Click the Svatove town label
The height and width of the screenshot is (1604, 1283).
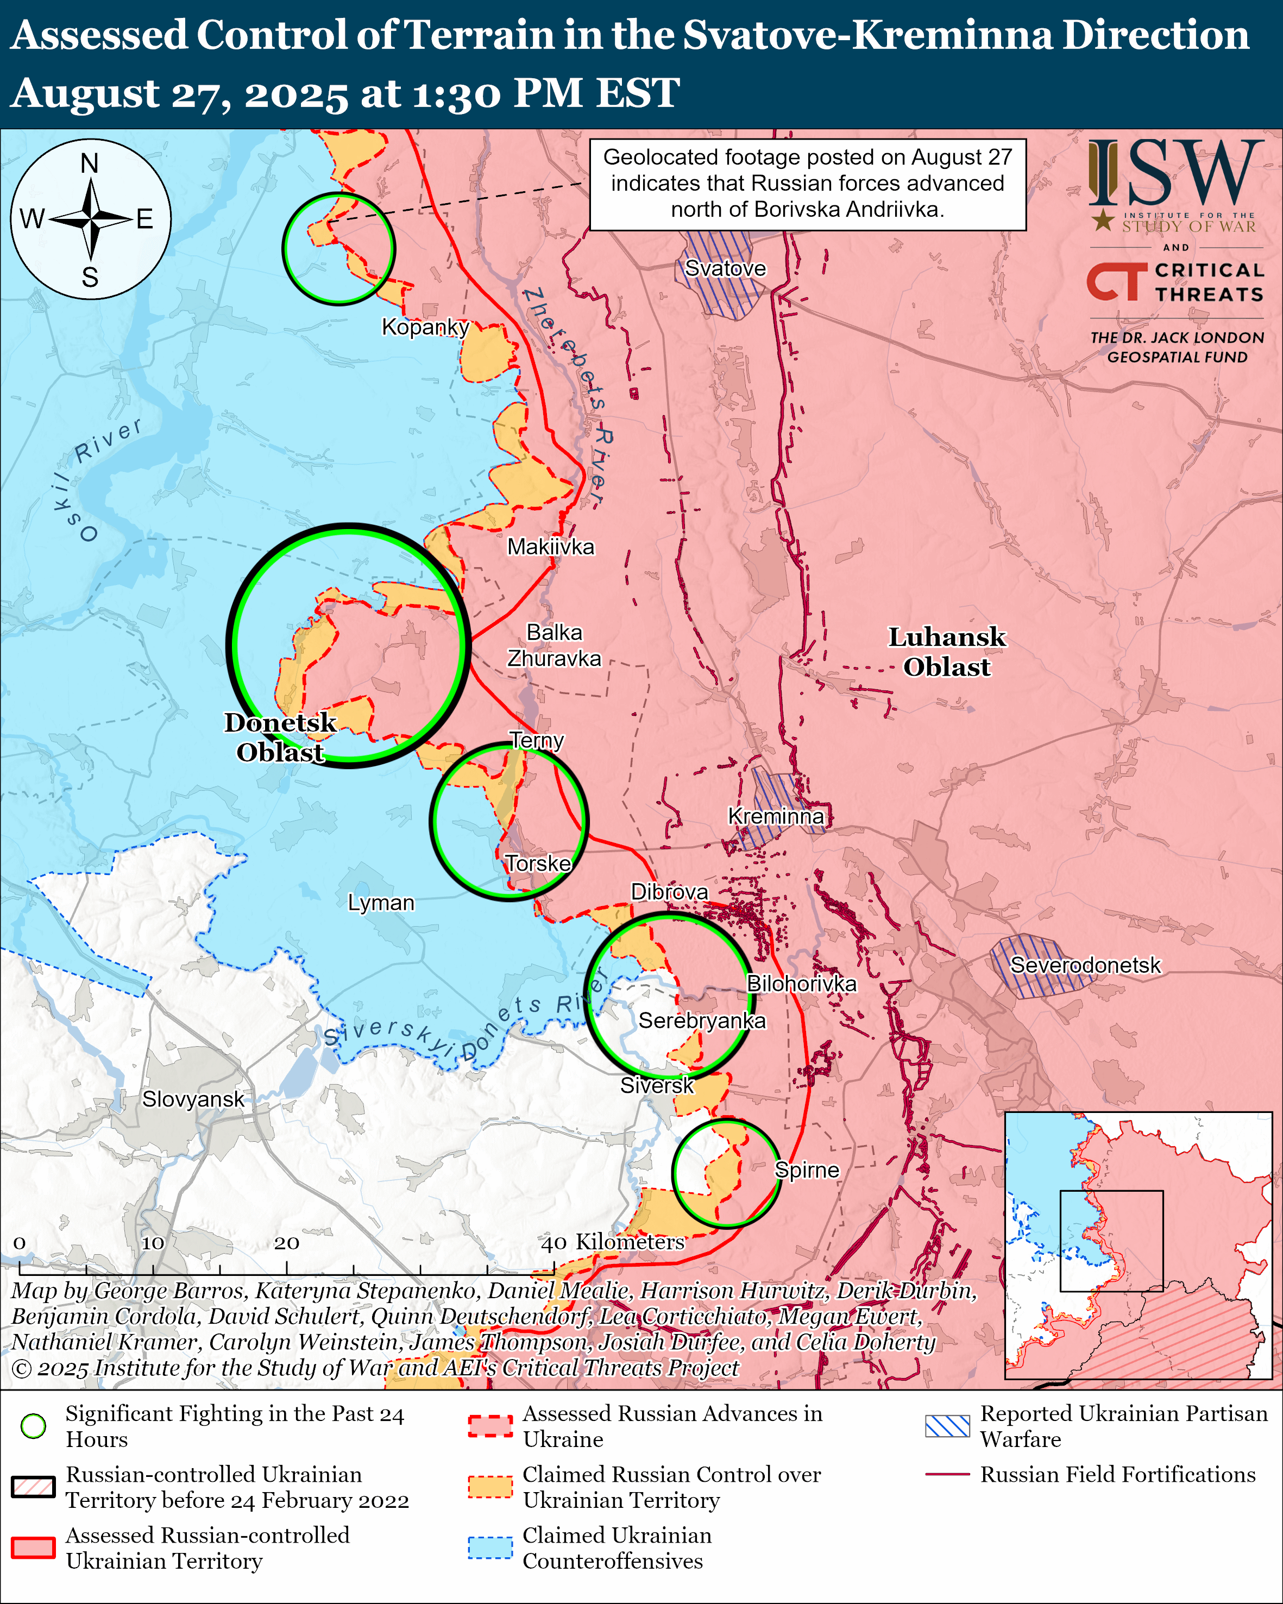click(x=725, y=268)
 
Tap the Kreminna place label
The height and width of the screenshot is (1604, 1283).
click(x=776, y=816)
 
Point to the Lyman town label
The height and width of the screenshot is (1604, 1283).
click(x=381, y=902)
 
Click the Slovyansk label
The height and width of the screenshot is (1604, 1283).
click(x=193, y=1099)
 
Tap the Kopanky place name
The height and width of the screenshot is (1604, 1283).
click(x=425, y=326)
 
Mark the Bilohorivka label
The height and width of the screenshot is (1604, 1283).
click(x=801, y=984)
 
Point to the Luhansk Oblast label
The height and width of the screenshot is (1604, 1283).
click(x=946, y=652)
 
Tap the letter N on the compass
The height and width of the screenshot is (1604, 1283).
click(x=89, y=163)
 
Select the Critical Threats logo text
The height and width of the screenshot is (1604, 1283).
click(x=1208, y=282)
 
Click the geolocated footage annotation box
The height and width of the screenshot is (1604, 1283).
click(x=807, y=184)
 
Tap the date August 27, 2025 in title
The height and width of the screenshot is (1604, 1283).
click(x=179, y=95)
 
